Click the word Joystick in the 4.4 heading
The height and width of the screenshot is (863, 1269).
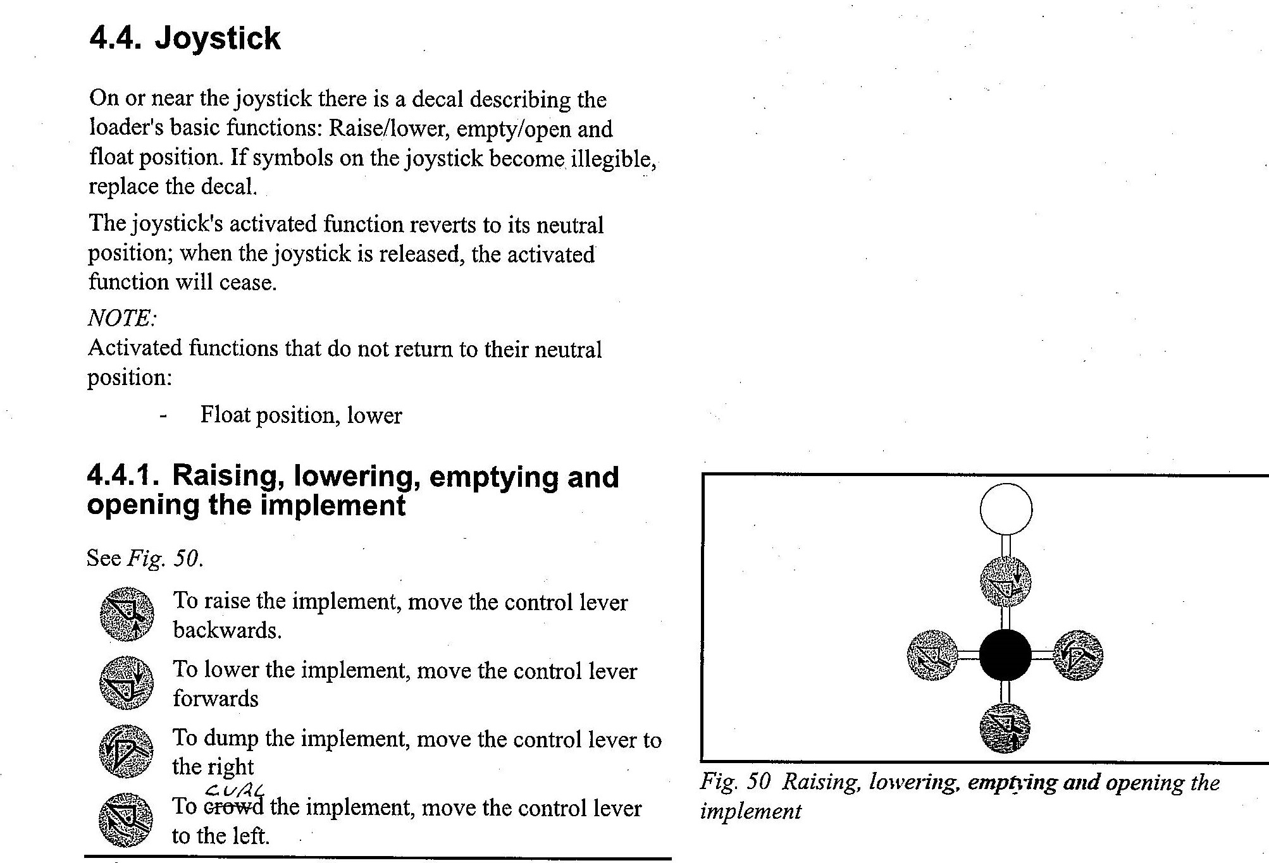(x=218, y=39)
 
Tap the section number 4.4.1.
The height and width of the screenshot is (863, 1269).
(x=123, y=476)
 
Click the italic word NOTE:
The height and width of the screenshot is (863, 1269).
(x=121, y=317)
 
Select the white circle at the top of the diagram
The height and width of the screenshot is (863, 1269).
(x=1006, y=509)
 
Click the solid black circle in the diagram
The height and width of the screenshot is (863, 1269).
(x=1005, y=655)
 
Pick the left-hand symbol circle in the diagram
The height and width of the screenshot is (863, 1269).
(x=932, y=655)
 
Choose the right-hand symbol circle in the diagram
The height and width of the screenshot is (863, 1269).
(x=1078, y=655)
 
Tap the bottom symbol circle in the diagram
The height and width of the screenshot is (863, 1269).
(x=1005, y=728)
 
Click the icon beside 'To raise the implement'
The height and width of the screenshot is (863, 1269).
(x=127, y=614)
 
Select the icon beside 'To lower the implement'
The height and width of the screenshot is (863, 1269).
(x=127, y=683)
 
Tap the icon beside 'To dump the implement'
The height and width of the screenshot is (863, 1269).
(x=127, y=751)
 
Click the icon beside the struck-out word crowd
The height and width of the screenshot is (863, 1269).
(x=126, y=820)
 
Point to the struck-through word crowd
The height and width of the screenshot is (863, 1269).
(x=234, y=807)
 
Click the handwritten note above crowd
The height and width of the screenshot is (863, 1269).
(x=235, y=789)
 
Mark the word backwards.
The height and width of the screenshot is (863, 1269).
(x=227, y=630)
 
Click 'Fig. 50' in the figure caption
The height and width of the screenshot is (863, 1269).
(x=736, y=783)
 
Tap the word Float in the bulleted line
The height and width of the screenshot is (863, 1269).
(x=225, y=415)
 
